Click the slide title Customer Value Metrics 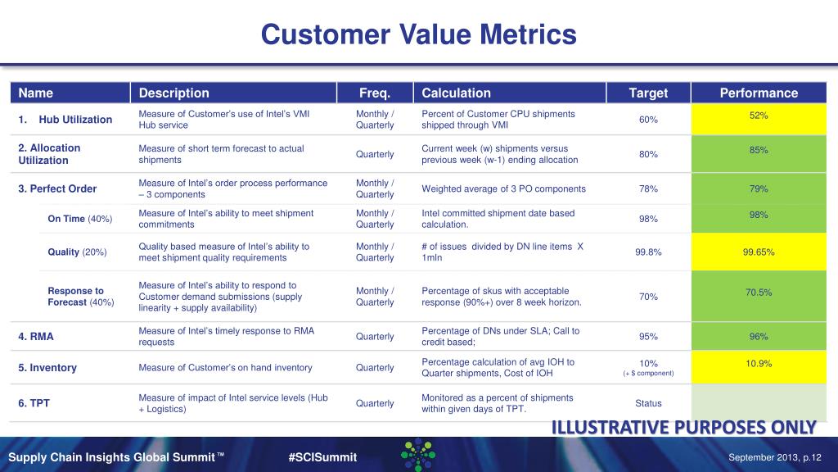pyautogui.click(x=418, y=34)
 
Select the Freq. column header pyautogui.click(x=375, y=93)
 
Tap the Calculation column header pyautogui.click(x=456, y=93)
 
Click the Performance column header pyautogui.click(x=758, y=93)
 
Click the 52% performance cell pyautogui.click(x=758, y=116)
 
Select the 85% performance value pyautogui.click(x=758, y=150)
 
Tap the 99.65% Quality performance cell pyautogui.click(x=758, y=252)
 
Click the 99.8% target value pyautogui.click(x=648, y=252)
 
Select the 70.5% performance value pyautogui.click(x=758, y=292)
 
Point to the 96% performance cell pyautogui.click(x=758, y=335)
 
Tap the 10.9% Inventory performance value pyautogui.click(x=758, y=363)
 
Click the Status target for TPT pyautogui.click(x=648, y=403)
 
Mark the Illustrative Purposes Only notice pyautogui.click(x=683, y=428)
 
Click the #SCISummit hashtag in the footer pyautogui.click(x=322, y=457)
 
